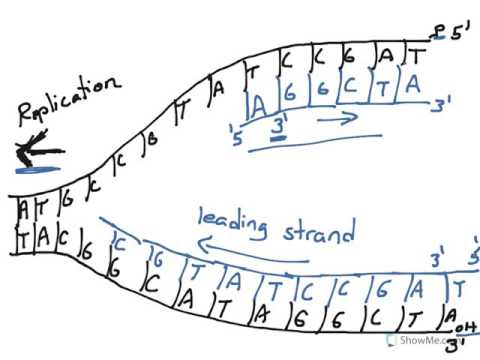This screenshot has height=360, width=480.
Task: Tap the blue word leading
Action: point(232,223)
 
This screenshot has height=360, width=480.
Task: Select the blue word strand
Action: point(318,232)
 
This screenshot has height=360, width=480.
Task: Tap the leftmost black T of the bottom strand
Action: point(21,238)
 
